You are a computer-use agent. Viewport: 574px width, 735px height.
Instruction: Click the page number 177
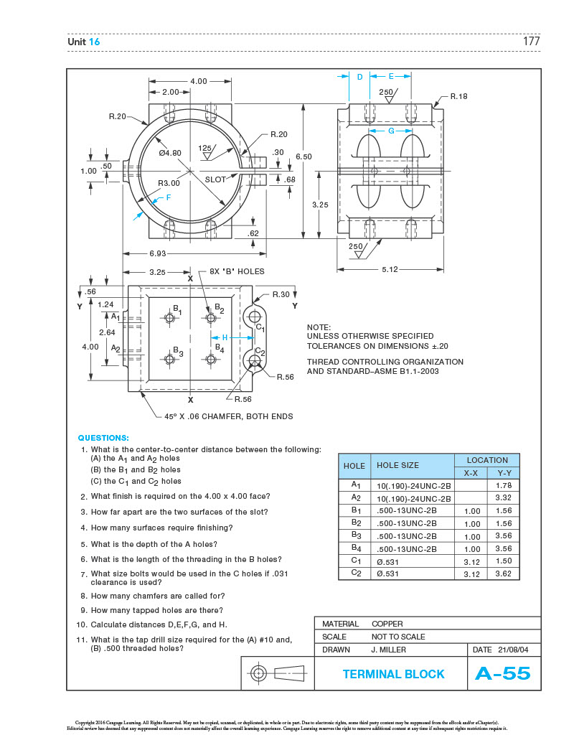(531, 42)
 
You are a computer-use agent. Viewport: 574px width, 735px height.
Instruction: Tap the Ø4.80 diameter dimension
(170, 152)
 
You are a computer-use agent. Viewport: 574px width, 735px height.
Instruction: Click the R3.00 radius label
(169, 183)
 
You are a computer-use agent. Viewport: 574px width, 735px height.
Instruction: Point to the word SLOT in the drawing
(215, 179)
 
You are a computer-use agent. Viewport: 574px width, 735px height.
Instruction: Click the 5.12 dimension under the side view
(390, 270)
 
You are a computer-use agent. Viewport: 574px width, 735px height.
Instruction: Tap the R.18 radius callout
(458, 95)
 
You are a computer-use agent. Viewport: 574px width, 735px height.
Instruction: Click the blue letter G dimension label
(391, 131)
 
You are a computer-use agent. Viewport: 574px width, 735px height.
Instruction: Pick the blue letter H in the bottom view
(225, 337)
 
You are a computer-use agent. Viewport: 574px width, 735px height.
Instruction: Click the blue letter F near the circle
(169, 197)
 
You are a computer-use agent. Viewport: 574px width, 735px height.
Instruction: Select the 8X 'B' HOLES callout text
(237, 271)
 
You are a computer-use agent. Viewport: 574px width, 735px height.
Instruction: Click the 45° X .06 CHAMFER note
(228, 416)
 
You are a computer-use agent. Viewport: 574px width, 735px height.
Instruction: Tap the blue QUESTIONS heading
(103, 437)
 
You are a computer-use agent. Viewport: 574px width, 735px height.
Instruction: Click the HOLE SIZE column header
(397, 465)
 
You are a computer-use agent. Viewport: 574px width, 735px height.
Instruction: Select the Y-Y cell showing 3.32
(503, 497)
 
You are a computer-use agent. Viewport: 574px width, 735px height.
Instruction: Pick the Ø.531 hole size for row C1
(388, 561)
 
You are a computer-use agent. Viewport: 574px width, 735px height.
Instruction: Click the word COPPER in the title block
(387, 624)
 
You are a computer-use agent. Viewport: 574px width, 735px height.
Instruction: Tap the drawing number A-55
(502, 673)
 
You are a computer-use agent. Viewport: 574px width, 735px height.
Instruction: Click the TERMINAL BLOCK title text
(393, 674)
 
